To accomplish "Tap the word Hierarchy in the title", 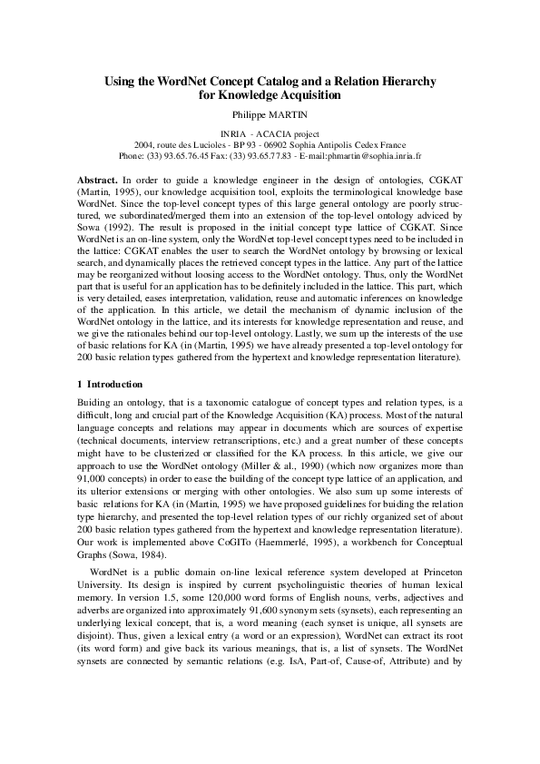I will [x=401, y=81].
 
